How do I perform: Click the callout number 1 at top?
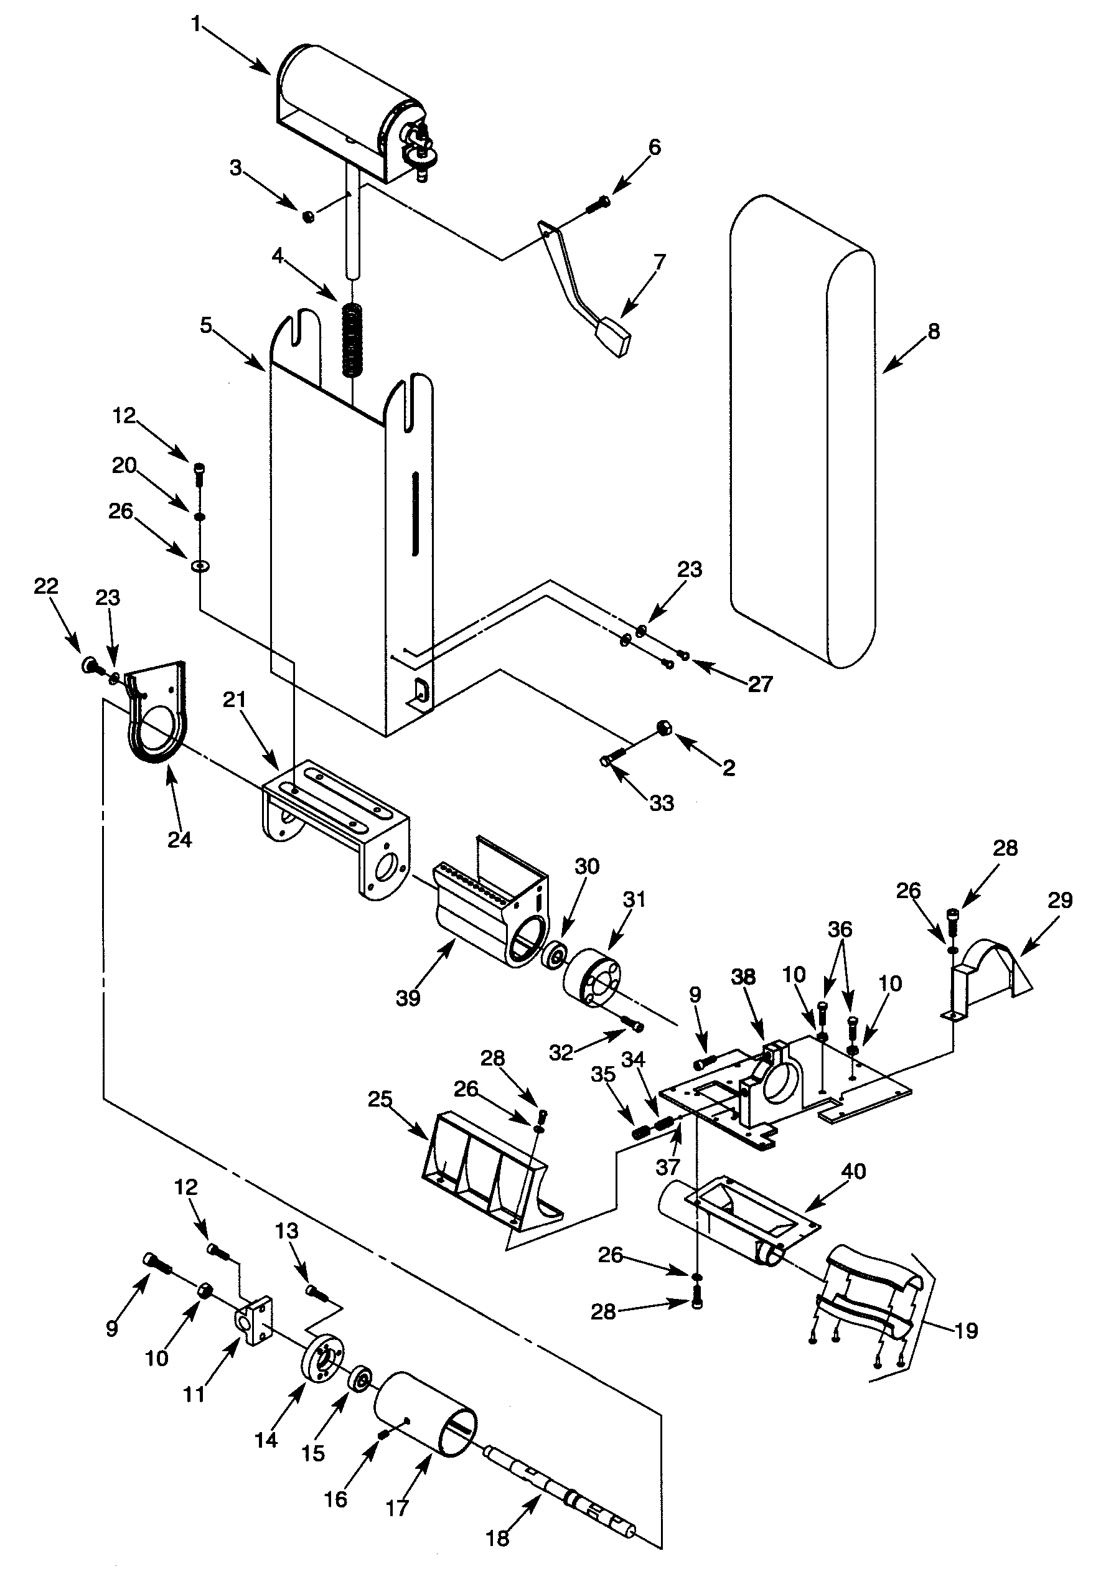click(196, 25)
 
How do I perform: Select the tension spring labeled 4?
click(353, 340)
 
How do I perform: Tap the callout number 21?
click(234, 700)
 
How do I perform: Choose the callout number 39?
click(408, 998)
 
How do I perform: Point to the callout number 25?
click(380, 1099)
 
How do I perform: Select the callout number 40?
click(853, 1171)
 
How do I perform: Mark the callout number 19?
click(967, 1331)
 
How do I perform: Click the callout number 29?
click(1060, 899)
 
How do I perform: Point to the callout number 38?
click(744, 977)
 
